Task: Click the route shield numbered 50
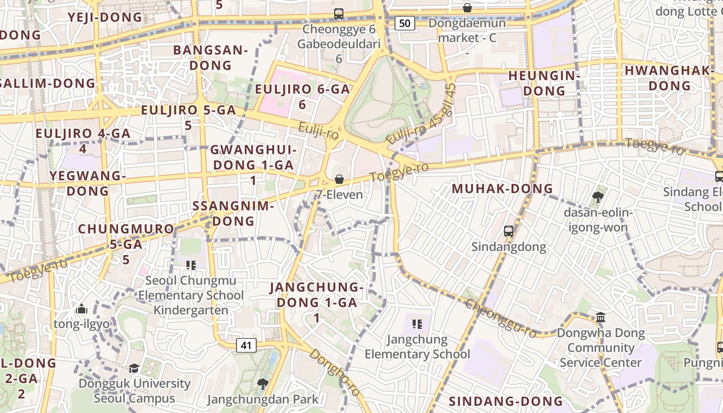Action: [x=405, y=23]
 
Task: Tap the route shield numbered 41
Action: [x=246, y=345]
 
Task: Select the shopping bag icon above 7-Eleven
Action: [x=339, y=179]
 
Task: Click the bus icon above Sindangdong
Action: [x=509, y=231]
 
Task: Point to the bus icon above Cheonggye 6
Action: [x=339, y=14]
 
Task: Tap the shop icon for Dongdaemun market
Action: [x=467, y=8]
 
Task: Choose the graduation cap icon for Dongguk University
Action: [x=134, y=368]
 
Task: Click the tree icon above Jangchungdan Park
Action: [x=262, y=384]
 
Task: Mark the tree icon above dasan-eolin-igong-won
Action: [x=598, y=197]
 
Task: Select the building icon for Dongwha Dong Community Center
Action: [x=601, y=317]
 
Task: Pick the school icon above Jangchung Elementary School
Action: [x=417, y=324]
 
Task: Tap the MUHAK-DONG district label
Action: [x=502, y=189]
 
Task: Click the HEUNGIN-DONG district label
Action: [x=544, y=83]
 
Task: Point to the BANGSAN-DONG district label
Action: [x=210, y=58]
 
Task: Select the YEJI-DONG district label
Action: [x=105, y=17]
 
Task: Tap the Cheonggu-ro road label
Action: [x=500, y=317]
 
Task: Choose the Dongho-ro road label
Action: [x=335, y=372]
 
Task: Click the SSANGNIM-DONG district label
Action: [x=232, y=213]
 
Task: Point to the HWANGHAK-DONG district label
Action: [x=670, y=78]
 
